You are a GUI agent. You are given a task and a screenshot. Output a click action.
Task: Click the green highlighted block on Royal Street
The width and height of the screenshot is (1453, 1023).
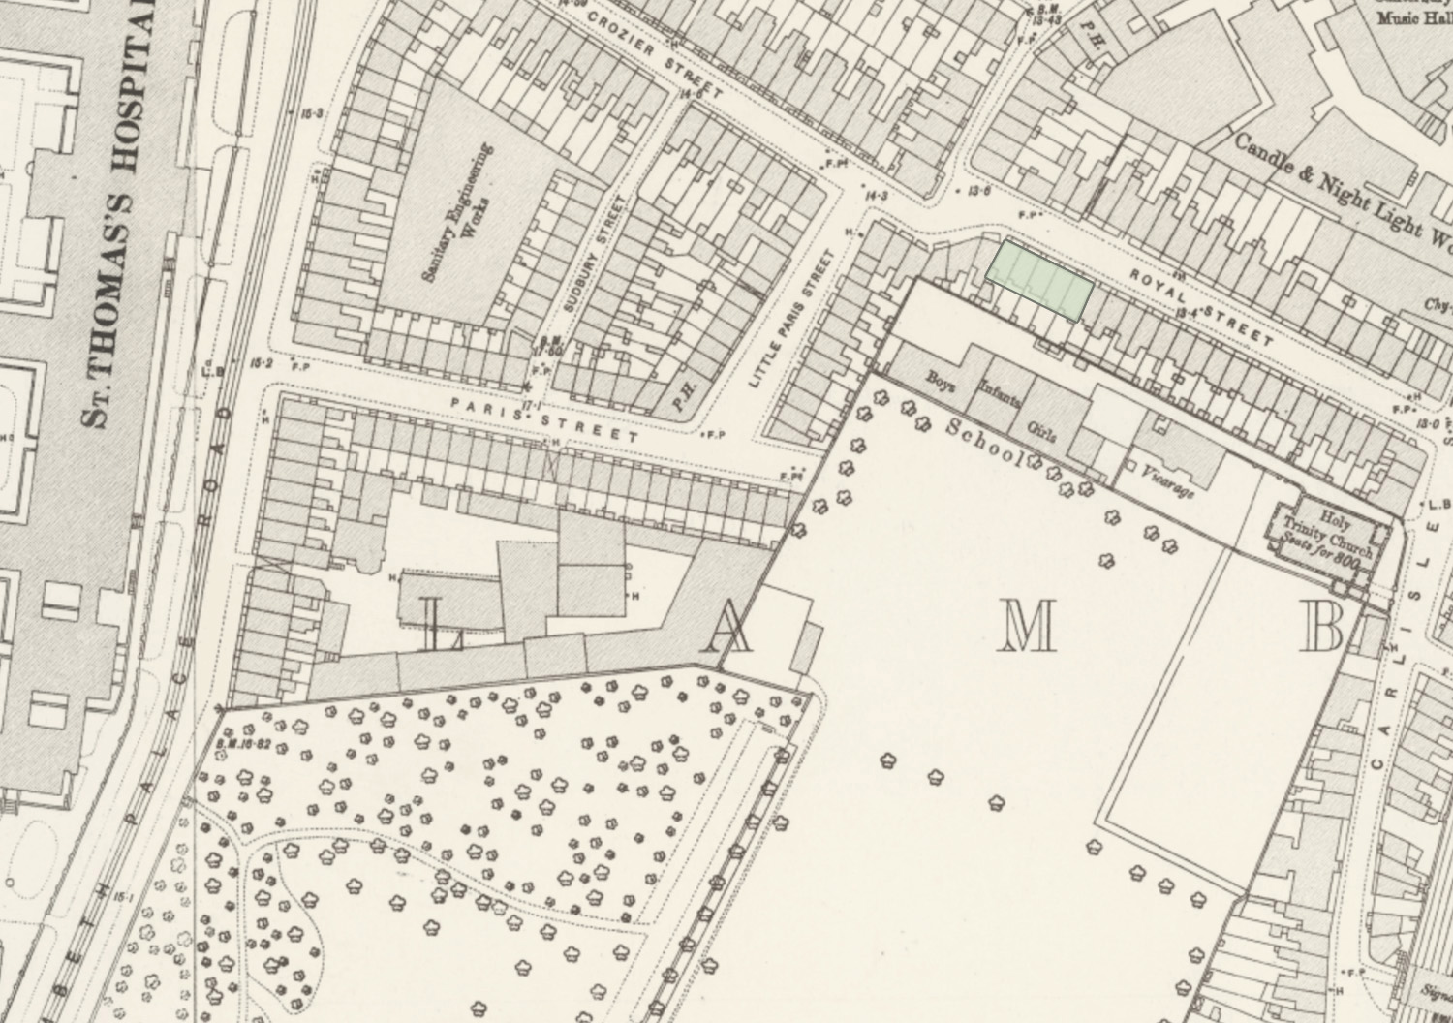1039,281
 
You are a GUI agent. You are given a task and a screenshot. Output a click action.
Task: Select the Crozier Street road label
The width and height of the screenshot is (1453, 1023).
654,58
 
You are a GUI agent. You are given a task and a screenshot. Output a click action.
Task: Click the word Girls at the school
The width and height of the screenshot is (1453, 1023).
1041,429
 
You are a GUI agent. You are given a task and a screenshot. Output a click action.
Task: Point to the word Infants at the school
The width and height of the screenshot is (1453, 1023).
999,397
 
